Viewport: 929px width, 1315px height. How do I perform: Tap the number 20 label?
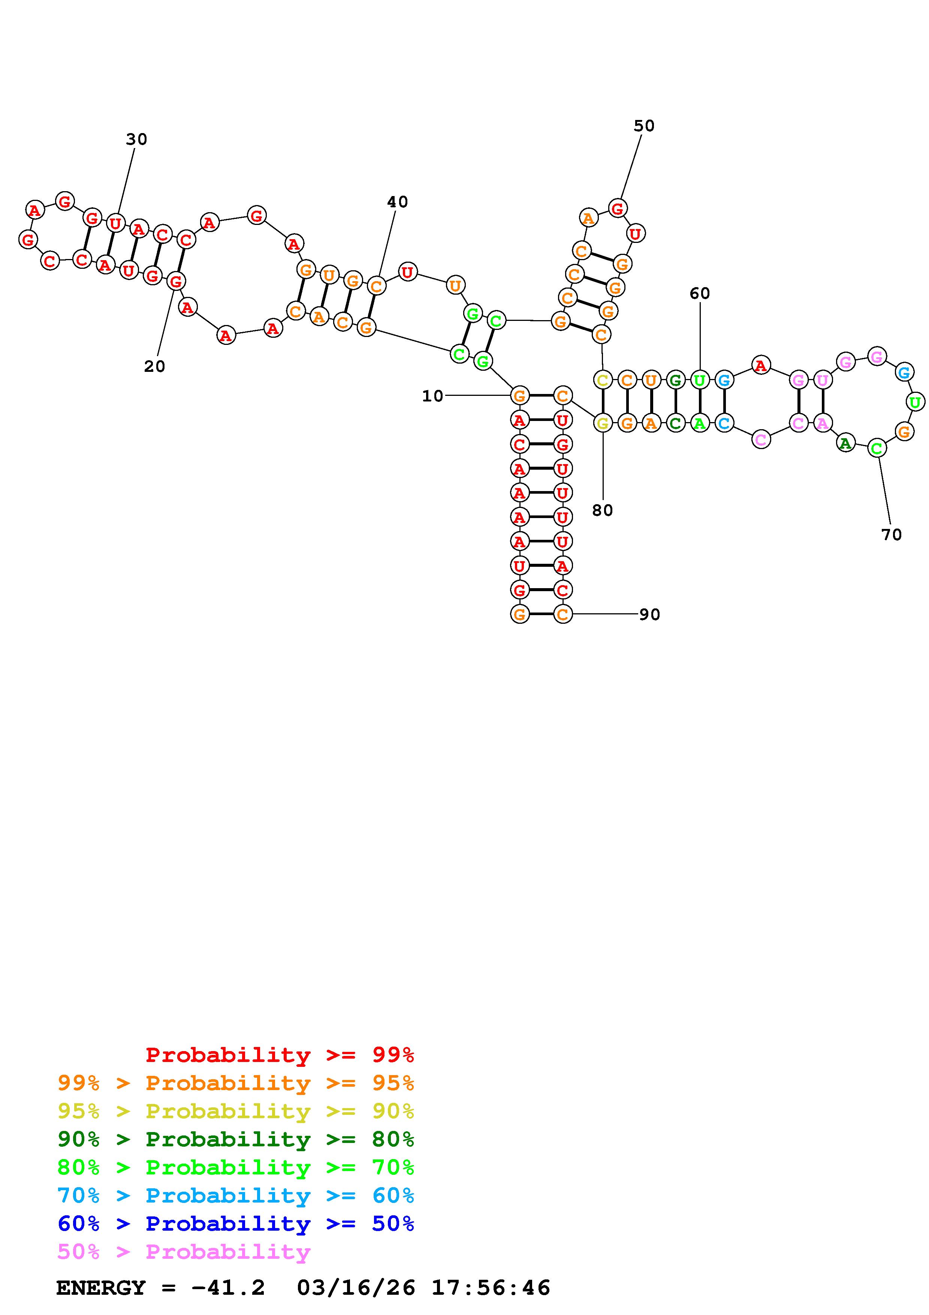154,367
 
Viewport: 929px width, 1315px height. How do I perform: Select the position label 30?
136,139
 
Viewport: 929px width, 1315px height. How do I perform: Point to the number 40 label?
397,202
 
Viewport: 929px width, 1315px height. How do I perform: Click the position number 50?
644,126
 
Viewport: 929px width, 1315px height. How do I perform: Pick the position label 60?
700,293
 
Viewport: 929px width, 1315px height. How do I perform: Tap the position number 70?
891,535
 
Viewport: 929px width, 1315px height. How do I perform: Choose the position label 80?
603,510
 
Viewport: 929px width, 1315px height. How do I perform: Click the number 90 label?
650,614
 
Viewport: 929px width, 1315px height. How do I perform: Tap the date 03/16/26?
356,1288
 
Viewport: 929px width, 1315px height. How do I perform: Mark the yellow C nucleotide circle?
603,380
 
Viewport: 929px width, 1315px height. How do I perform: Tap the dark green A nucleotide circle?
845,442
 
